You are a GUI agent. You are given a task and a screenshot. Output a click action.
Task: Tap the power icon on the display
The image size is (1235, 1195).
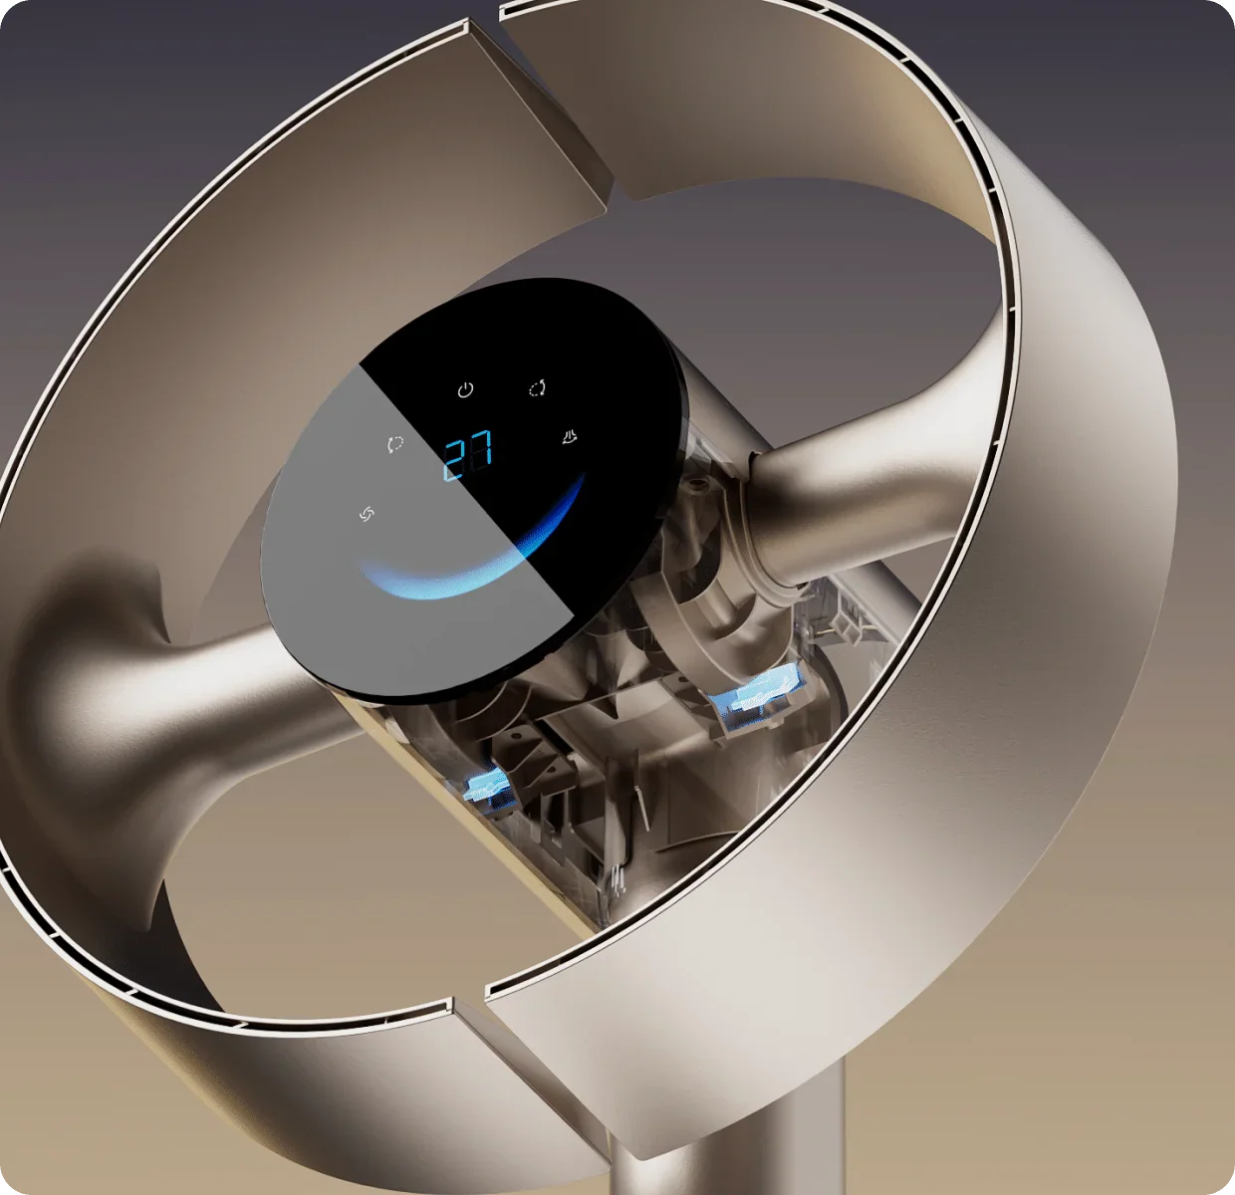465,389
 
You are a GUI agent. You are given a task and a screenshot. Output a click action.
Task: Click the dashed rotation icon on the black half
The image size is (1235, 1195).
538,387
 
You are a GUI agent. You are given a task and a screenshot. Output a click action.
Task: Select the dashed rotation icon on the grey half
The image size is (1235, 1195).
395,444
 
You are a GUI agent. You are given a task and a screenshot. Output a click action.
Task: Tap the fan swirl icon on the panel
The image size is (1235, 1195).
367,514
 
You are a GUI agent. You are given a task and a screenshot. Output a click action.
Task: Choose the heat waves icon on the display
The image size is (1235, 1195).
570,436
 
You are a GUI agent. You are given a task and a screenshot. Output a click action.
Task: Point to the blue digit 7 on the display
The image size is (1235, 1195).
481,449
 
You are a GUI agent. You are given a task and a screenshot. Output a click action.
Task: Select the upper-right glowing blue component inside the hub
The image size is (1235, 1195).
758,695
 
